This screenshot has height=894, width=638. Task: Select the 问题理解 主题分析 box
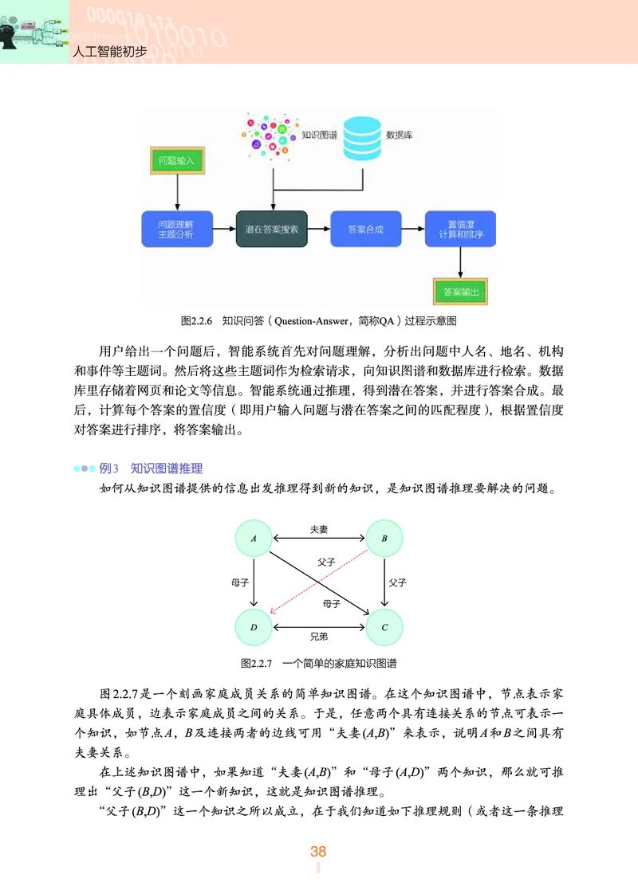click(176, 229)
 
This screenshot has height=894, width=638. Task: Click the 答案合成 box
click(366, 229)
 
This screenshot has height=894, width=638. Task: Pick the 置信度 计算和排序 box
click(459, 229)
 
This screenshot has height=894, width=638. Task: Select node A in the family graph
click(254, 539)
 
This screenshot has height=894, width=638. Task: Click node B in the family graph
click(384, 539)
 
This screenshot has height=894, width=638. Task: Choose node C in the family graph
click(384, 627)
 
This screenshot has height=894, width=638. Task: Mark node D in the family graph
click(254, 627)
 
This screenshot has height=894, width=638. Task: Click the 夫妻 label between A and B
click(319, 529)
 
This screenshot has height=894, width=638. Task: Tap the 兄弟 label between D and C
click(319, 637)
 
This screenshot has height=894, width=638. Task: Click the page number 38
click(318, 852)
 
